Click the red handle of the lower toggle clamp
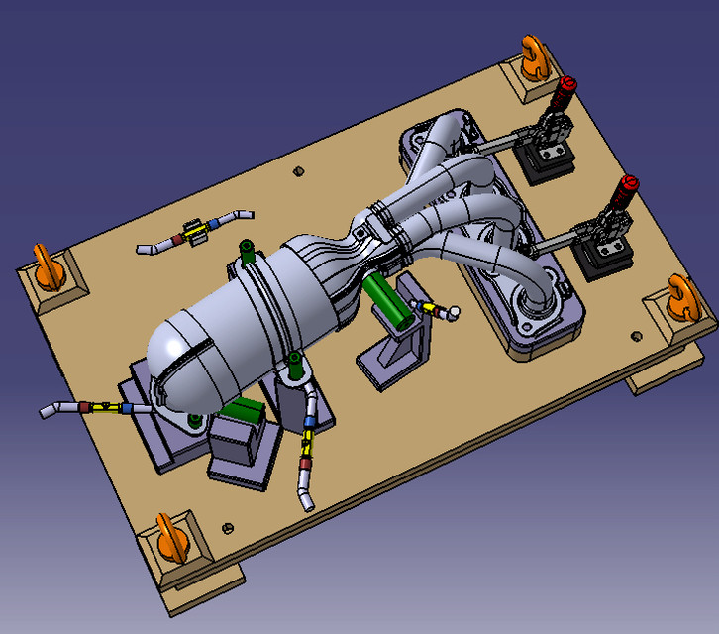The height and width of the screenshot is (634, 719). pos(626,190)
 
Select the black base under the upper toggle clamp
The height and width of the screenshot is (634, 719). pos(546,164)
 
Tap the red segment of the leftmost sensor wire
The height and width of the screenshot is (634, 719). pos(86,406)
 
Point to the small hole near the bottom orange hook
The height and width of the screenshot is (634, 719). pos(228,526)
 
